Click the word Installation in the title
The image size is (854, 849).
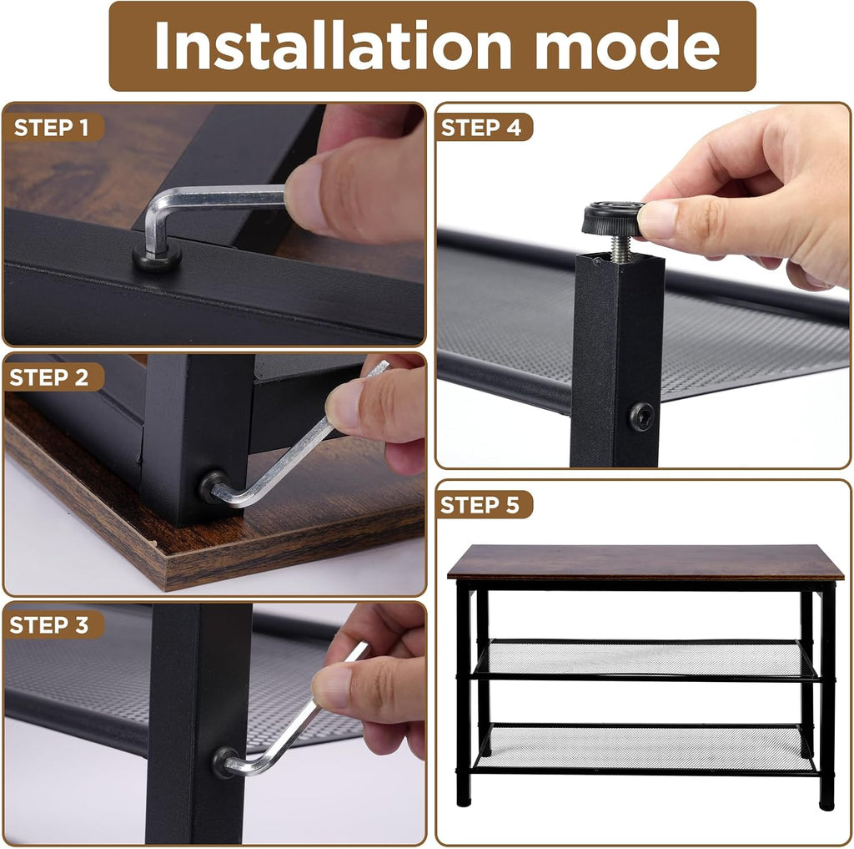tap(333, 45)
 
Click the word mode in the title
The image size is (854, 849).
tap(627, 45)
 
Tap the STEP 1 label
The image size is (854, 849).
tap(51, 128)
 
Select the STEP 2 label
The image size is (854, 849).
tap(49, 377)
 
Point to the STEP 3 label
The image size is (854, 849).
tap(49, 625)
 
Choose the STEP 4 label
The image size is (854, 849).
tap(481, 128)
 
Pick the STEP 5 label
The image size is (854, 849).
tap(480, 505)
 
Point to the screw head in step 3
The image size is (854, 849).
tap(224, 761)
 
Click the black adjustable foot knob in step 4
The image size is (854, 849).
tap(613, 219)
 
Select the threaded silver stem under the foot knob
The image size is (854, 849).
tap(620, 249)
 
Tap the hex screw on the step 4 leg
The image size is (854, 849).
tap(642, 417)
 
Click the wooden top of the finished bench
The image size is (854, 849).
tap(646, 562)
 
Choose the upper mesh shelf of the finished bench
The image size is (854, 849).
tap(646, 659)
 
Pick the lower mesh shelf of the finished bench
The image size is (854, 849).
tap(646, 747)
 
